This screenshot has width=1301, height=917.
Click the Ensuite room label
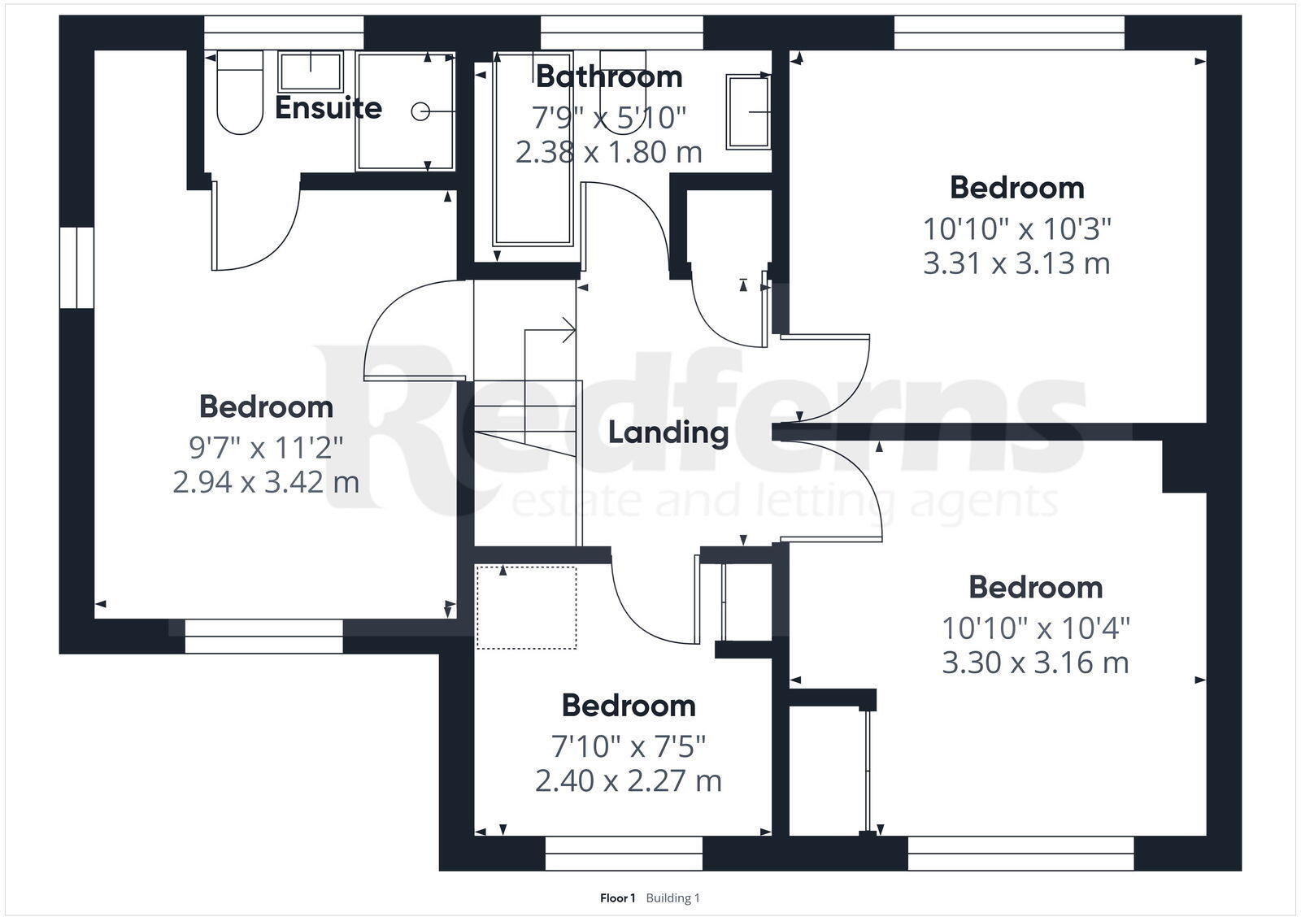tap(328, 107)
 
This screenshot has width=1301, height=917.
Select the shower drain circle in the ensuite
tap(420, 112)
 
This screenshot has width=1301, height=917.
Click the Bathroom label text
tap(609, 76)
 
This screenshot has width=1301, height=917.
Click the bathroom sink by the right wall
tap(749, 112)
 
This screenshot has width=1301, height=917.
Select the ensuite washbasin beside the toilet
tap(311, 71)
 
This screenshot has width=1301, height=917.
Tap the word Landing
tap(668, 432)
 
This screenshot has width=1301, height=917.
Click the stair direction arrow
tap(568, 330)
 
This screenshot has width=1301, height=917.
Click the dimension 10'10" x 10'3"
tap(1016, 228)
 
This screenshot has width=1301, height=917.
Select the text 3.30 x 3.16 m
tap(1035, 663)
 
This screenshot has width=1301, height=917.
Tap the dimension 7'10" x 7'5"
tap(629, 745)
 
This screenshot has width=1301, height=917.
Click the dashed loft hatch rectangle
tap(526, 608)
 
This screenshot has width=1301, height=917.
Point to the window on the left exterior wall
tap(76, 267)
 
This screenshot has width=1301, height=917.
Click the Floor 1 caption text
tap(617, 898)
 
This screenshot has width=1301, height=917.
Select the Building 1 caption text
tap(672, 898)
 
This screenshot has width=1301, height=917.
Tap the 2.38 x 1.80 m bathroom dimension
tap(609, 152)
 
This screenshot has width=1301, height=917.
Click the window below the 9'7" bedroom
tap(263, 637)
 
